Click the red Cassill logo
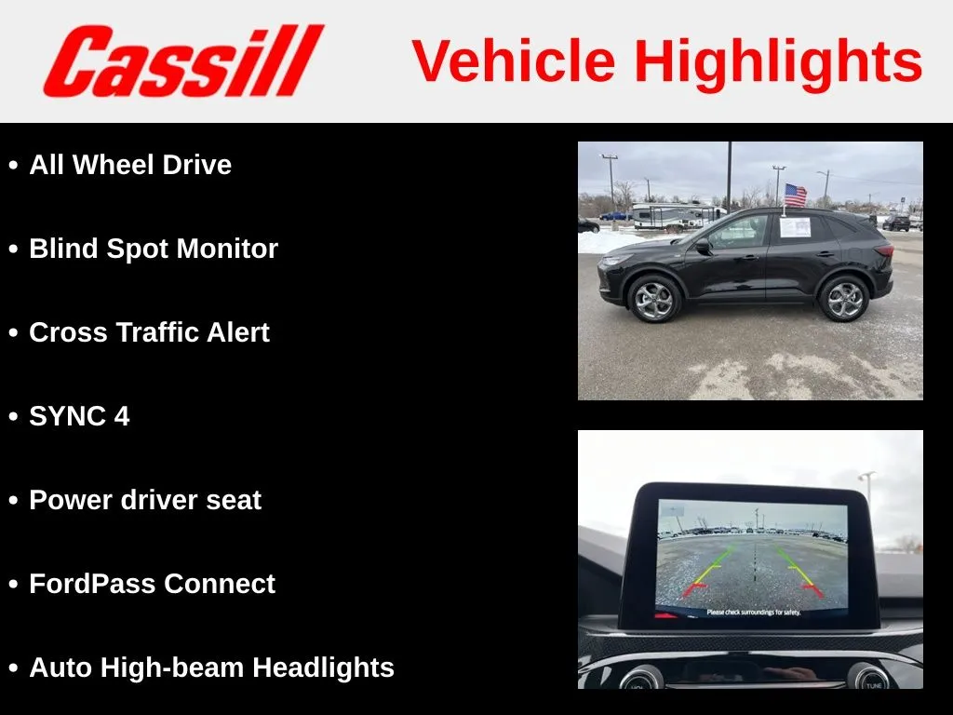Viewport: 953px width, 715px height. click(x=183, y=61)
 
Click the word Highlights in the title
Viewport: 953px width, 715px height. click(x=779, y=62)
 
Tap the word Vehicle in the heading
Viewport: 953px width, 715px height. click(x=514, y=61)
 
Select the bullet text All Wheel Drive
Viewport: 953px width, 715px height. click(x=130, y=165)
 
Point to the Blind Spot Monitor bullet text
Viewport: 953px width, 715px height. click(x=154, y=249)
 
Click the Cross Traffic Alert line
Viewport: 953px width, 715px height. click(x=149, y=332)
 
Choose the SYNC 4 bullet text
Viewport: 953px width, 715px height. click(x=79, y=416)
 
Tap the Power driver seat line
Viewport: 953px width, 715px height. click(x=145, y=500)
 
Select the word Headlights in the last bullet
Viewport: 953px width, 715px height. click(x=323, y=668)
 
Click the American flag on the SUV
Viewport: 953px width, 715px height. click(x=795, y=196)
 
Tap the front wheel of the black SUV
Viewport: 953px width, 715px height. click(x=653, y=299)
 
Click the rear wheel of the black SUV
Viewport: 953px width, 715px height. click(x=843, y=298)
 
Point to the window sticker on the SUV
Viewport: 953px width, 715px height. click(x=795, y=227)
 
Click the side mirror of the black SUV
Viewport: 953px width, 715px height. click(x=703, y=246)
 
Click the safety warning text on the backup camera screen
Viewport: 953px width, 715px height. click(x=754, y=613)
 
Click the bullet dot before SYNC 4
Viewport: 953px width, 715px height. click(x=13, y=417)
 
